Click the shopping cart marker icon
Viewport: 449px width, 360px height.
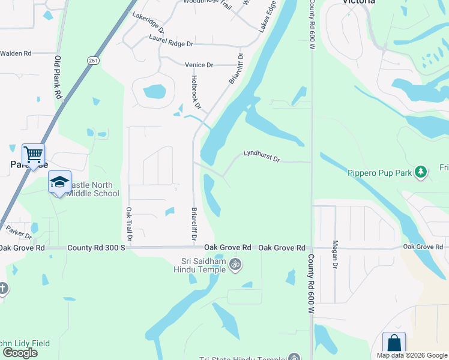pyautogui.click(x=33, y=154)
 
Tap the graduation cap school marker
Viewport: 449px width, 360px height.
pyautogui.click(x=59, y=182)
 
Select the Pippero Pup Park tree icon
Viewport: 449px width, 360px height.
pyautogui.click(x=421, y=172)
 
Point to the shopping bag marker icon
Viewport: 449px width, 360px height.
pyautogui.click(x=394, y=343)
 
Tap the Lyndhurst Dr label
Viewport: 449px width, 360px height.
pyautogui.click(x=262, y=156)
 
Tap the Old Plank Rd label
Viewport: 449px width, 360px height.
pyautogui.click(x=58, y=77)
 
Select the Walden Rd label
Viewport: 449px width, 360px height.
pyautogui.click(x=16, y=53)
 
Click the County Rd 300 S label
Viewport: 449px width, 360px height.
pyautogui.click(x=96, y=248)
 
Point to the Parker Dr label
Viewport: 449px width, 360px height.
pyautogui.click(x=19, y=231)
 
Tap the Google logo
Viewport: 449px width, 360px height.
pyautogui.click(x=20, y=353)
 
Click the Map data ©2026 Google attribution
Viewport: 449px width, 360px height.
pyautogui.click(x=412, y=356)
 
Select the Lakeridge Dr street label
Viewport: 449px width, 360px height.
pyautogui.click(x=148, y=23)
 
